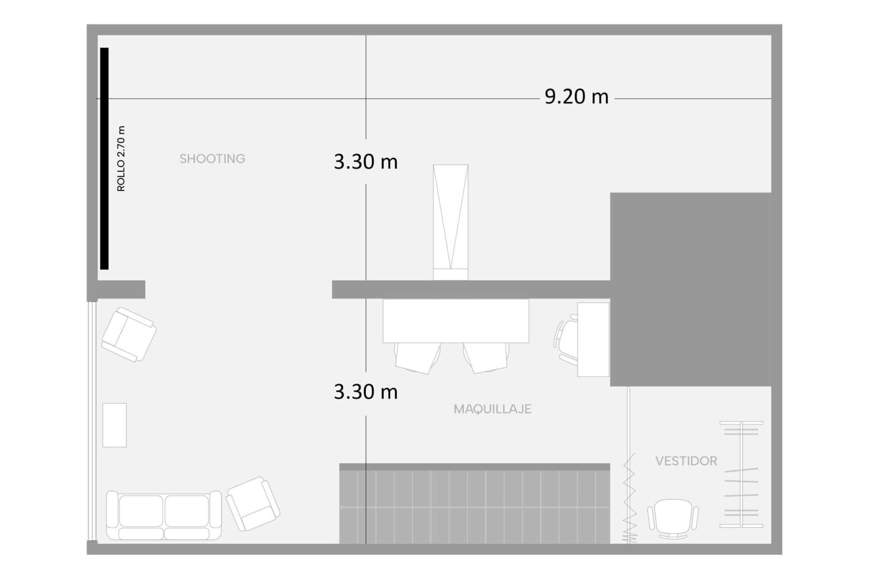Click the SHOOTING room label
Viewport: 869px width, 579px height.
212,159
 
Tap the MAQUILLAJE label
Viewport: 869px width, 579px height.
492,409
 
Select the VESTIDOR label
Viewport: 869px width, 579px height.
686,461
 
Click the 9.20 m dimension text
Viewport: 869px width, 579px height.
576,97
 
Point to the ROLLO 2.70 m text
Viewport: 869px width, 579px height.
121,159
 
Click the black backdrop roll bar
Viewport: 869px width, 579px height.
104,158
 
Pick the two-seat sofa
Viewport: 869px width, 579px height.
164,515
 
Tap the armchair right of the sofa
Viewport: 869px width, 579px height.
253,504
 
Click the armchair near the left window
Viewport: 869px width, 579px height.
129,334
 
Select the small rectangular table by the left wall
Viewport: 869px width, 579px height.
114,425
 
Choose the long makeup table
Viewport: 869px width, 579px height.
456,321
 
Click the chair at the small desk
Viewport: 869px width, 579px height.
566,339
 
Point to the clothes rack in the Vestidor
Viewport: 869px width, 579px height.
742,474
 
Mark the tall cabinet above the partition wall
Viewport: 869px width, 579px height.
450,222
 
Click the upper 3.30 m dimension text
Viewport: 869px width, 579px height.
365,162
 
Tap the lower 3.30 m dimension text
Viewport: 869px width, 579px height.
365,392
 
